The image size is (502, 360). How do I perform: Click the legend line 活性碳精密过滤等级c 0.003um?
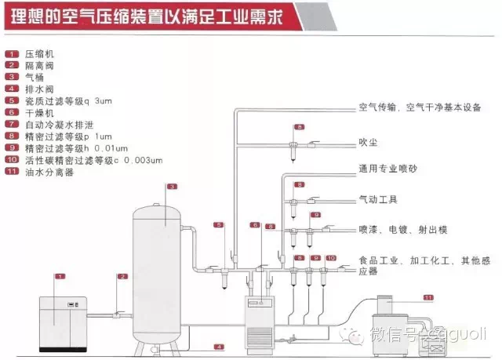point(93,160)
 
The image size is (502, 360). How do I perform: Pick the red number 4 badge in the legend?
point(12,89)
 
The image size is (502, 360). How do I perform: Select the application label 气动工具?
point(377,199)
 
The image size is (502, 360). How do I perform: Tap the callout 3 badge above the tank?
point(170,186)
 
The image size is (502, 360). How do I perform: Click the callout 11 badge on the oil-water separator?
point(428,297)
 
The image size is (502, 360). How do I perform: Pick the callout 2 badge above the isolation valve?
point(122,276)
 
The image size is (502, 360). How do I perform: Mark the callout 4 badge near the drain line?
point(220,346)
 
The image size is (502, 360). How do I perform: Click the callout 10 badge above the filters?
point(330,257)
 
